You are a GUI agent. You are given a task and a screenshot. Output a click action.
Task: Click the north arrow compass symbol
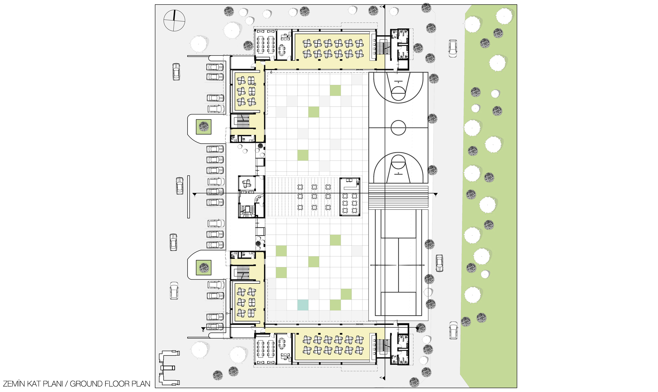174,20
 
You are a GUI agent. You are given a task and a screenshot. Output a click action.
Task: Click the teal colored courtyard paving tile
303,305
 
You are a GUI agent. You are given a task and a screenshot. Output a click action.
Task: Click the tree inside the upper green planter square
204,126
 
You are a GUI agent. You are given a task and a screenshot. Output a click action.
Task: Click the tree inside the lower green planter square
204,267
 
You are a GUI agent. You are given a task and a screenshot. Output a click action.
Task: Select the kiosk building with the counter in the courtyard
350,196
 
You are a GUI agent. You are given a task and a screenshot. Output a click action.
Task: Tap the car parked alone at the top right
453,48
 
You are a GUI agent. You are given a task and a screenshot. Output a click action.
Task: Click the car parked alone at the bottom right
453,330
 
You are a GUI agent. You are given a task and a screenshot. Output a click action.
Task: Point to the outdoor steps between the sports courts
398,197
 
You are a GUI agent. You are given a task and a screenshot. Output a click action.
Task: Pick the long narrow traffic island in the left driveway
189,196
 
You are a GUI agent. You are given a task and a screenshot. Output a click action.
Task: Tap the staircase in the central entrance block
246,211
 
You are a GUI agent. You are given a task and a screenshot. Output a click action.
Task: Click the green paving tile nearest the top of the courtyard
335,91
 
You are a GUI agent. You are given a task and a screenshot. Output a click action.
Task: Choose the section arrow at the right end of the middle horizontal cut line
435,195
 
